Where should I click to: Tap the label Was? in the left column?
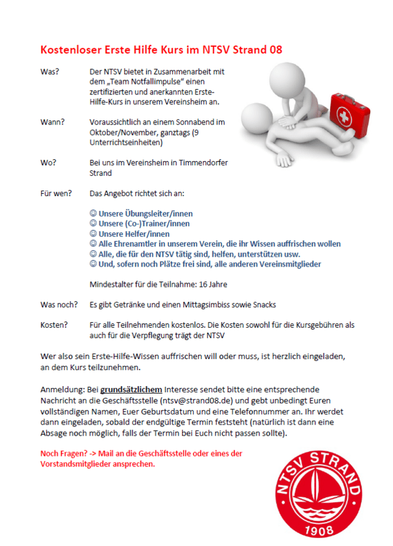tap(49, 72)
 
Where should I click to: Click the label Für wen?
tap(54, 194)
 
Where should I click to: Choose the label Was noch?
tap(59, 305)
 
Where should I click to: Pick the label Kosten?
tap(54, 325)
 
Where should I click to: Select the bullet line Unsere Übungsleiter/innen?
tap(141, 213)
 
